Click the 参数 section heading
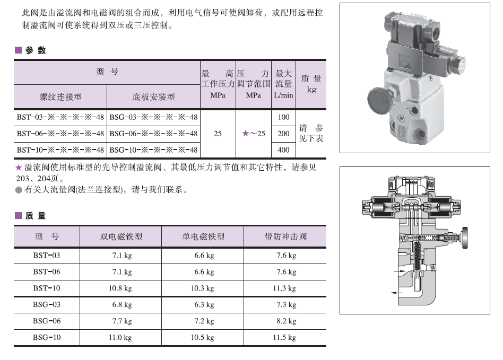pyautogui.click(x=36, y=50)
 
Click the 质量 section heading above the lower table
pyautogui.click(x=36, y=216)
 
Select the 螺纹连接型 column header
pyautogui.click(x=60, y=97)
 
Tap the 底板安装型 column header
pyautogui.click(x=154, y=97)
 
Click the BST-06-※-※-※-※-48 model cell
pyautogui.click(x=60, y=134)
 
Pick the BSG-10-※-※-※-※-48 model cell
pyautogui.click(x=153, y=150)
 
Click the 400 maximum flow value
pyautogui.click(x=283, y=150)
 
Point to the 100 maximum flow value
pyautogui.click(x=283, y=117)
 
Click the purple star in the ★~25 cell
pyautogui.click(x=246, y=133)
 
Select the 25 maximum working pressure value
pyautogui.click(x=218, y=134)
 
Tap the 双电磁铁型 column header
pyautogui.click(x=121, y=236)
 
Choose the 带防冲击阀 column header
pyautogui.click(x=285, y=236)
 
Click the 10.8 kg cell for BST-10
pyautogui.click(x=120, y=288)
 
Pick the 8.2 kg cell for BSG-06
pyautogui.click(x=286, y=321)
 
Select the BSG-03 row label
pyautogui.click(x=47, y=304)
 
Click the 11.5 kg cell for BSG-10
pyautogui.click(x=284, y=337)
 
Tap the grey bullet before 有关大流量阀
pyautogui.click(x=19, y=190)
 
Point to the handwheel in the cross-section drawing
pyautogui.click(x=464, y=238)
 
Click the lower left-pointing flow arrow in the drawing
pyautogui.click(x=397, y=293)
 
